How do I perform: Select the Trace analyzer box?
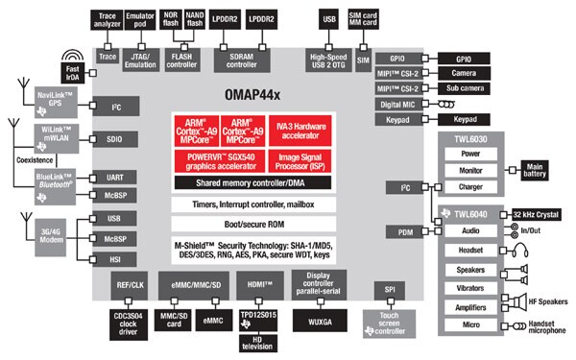pyautogui.click(x=108, y=18)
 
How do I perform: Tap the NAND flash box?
pyautogui.click(x=195, y=18)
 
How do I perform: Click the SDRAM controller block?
pyautogui.click(x=253, y=60)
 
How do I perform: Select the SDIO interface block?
pyautogui.click(x=115, y=139)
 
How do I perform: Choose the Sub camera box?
pyautogui.click(x=469, y=88)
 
